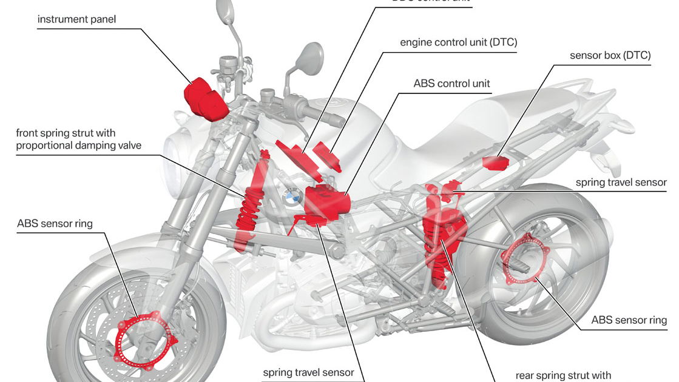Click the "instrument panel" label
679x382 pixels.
point(76,19)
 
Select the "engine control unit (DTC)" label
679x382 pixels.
point(458,42)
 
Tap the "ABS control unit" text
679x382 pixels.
point(451,84)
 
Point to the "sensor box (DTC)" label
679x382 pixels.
point(610,56)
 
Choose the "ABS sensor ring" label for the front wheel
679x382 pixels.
point(55,224)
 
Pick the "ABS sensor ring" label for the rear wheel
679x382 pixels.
point(629,320)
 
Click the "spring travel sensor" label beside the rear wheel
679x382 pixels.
point(621,182)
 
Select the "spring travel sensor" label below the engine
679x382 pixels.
point(308,372)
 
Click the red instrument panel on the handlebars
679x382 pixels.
point(205,97)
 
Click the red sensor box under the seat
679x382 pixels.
point(495,163)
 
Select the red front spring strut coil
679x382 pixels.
point(248,209)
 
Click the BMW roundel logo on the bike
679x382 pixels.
point(291,196)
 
